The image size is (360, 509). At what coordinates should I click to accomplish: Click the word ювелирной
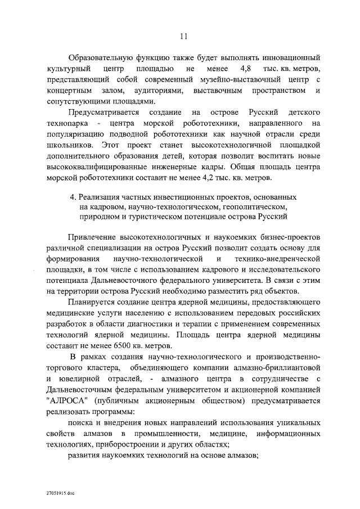pos(77,379)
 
